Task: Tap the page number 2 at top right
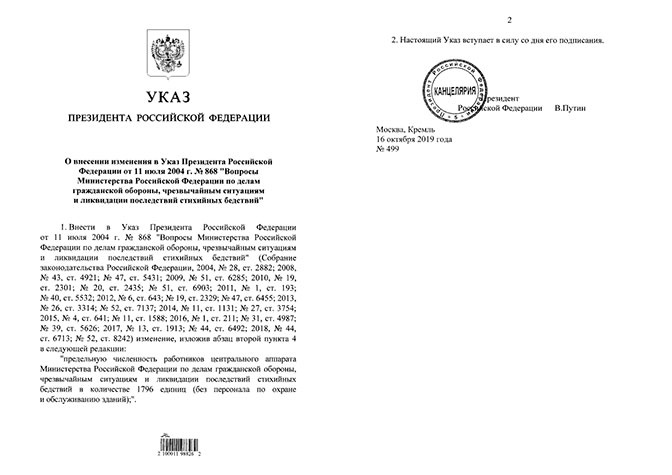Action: pos(508,20)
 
